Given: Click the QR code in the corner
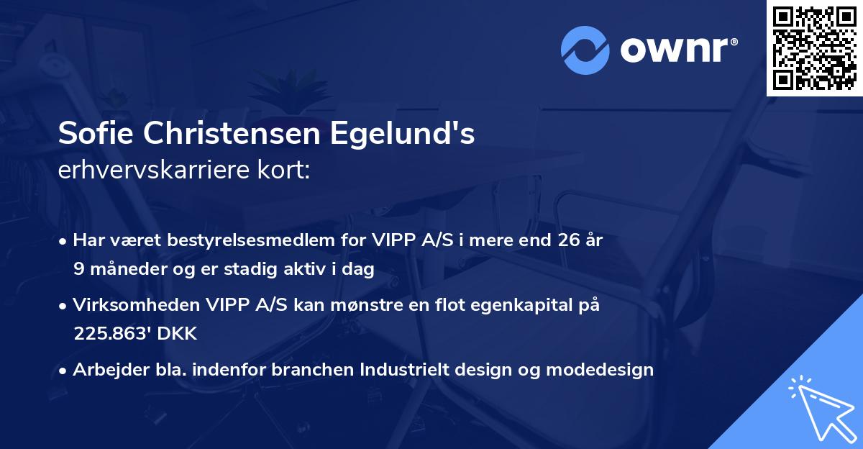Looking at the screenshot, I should click(814, 48).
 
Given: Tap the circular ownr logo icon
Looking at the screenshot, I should click(586, 50).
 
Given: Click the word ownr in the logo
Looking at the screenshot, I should click(674, 51).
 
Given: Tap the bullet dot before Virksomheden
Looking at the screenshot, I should click(65, 306).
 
